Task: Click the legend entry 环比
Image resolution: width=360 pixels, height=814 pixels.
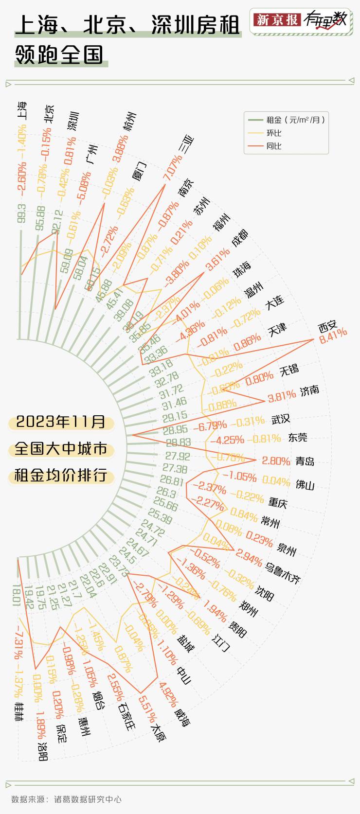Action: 274,133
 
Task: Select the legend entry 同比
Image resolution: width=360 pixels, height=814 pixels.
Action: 274,146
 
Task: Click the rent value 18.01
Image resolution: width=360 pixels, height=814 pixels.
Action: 16,595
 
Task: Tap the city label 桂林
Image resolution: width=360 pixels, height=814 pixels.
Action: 18,711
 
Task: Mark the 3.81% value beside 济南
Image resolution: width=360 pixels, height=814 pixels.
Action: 282,396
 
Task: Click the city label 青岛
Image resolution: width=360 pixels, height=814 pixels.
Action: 305,461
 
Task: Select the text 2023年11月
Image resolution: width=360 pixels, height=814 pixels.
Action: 61,422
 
